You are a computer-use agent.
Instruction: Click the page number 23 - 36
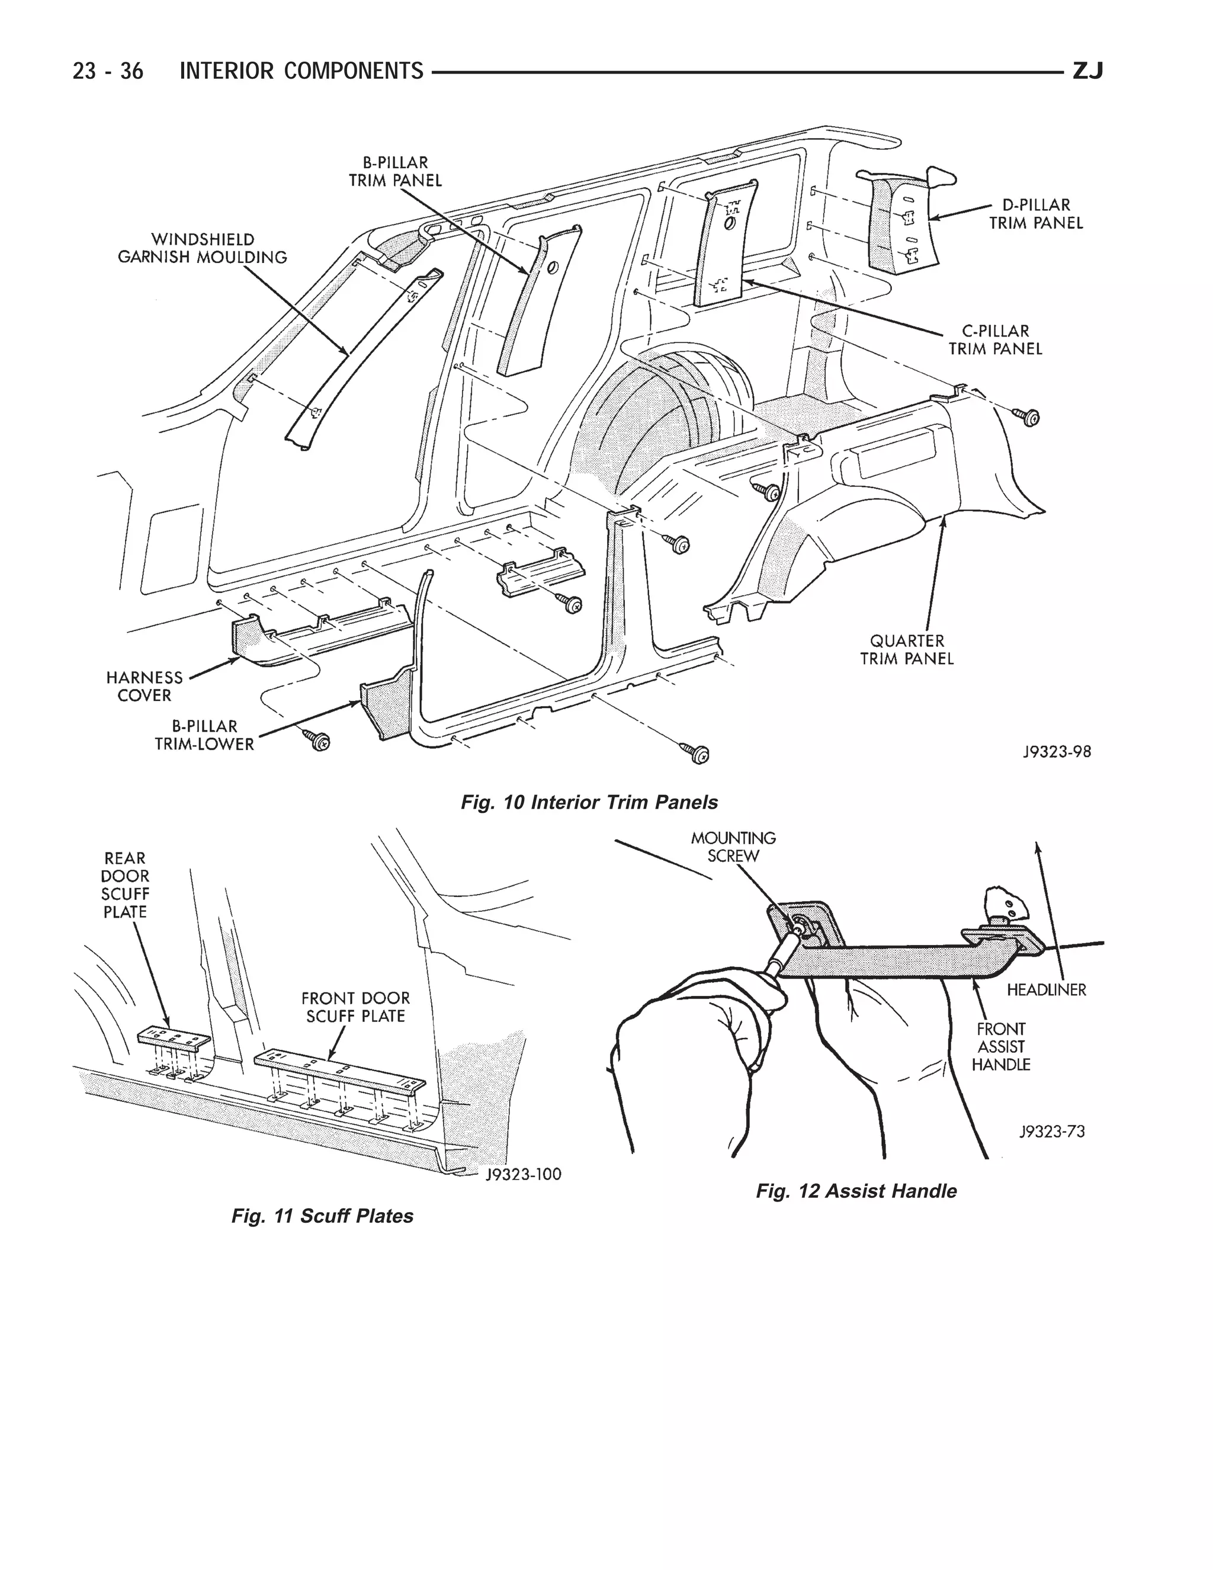(x=108, y=71)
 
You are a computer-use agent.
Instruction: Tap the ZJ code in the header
(x=1087, y=71)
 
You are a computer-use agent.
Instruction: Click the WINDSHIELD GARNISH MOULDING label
(x=202, y=248)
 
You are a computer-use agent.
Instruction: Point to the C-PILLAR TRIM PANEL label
(x=994, y=339)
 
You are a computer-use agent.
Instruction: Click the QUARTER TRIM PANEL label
(x=907, y=649)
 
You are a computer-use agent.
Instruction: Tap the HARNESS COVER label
(x=145, y=686)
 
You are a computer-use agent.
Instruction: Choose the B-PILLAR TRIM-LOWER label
(x=204, y=735)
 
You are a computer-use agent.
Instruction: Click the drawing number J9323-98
(x=1057, y=751)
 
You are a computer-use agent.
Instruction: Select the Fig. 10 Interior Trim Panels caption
(x=589, y=802)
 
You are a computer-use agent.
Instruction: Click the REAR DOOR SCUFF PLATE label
(x=125, y=885)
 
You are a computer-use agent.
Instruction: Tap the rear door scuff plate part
(x=173, y=1037)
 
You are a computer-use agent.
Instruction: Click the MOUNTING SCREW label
(x=733, y=847)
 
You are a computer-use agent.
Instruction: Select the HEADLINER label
(x=1045, y=990)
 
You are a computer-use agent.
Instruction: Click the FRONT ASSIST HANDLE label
(x=1001, y=1047)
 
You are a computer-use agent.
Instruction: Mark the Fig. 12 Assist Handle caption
(x=856, y=1191)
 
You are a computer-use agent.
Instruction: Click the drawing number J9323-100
(x=523, y=1174)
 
